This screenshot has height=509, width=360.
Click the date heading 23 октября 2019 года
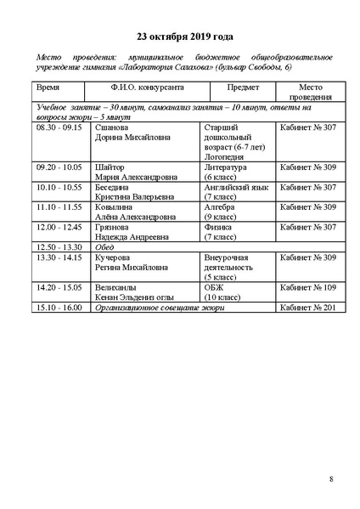coord(179,37)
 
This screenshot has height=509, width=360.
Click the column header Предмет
coord(241,88)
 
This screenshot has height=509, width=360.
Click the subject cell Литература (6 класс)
coord(226,172)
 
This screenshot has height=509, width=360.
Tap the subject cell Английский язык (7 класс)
coord(235,191)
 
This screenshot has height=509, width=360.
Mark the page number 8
coord(330,480)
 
